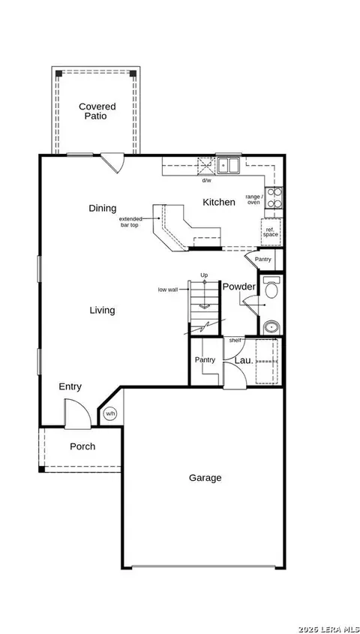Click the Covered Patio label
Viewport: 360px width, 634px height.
[97, 111]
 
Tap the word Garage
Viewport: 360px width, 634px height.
[205, 477]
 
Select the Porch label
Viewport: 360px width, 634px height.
[82, 446]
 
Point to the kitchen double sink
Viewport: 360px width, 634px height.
[228, 165]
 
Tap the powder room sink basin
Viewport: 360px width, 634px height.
[271, 326]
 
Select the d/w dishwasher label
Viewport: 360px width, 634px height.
[206, 180]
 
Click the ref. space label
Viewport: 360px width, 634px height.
[270, 232]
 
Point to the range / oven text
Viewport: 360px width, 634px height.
[253, 200]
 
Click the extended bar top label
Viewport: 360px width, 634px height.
[130, 221]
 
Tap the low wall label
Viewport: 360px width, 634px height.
[168, 290]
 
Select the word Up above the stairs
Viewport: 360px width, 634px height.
[204, 275]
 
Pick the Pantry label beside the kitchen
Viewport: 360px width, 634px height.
[263, 260]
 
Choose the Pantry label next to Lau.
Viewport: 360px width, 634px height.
[205, 360]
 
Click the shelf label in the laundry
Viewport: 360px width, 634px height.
[235, 341]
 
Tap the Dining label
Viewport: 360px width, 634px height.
[103, 209]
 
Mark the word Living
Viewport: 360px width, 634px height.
[102, 310]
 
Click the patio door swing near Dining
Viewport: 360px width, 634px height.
[114, 162]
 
